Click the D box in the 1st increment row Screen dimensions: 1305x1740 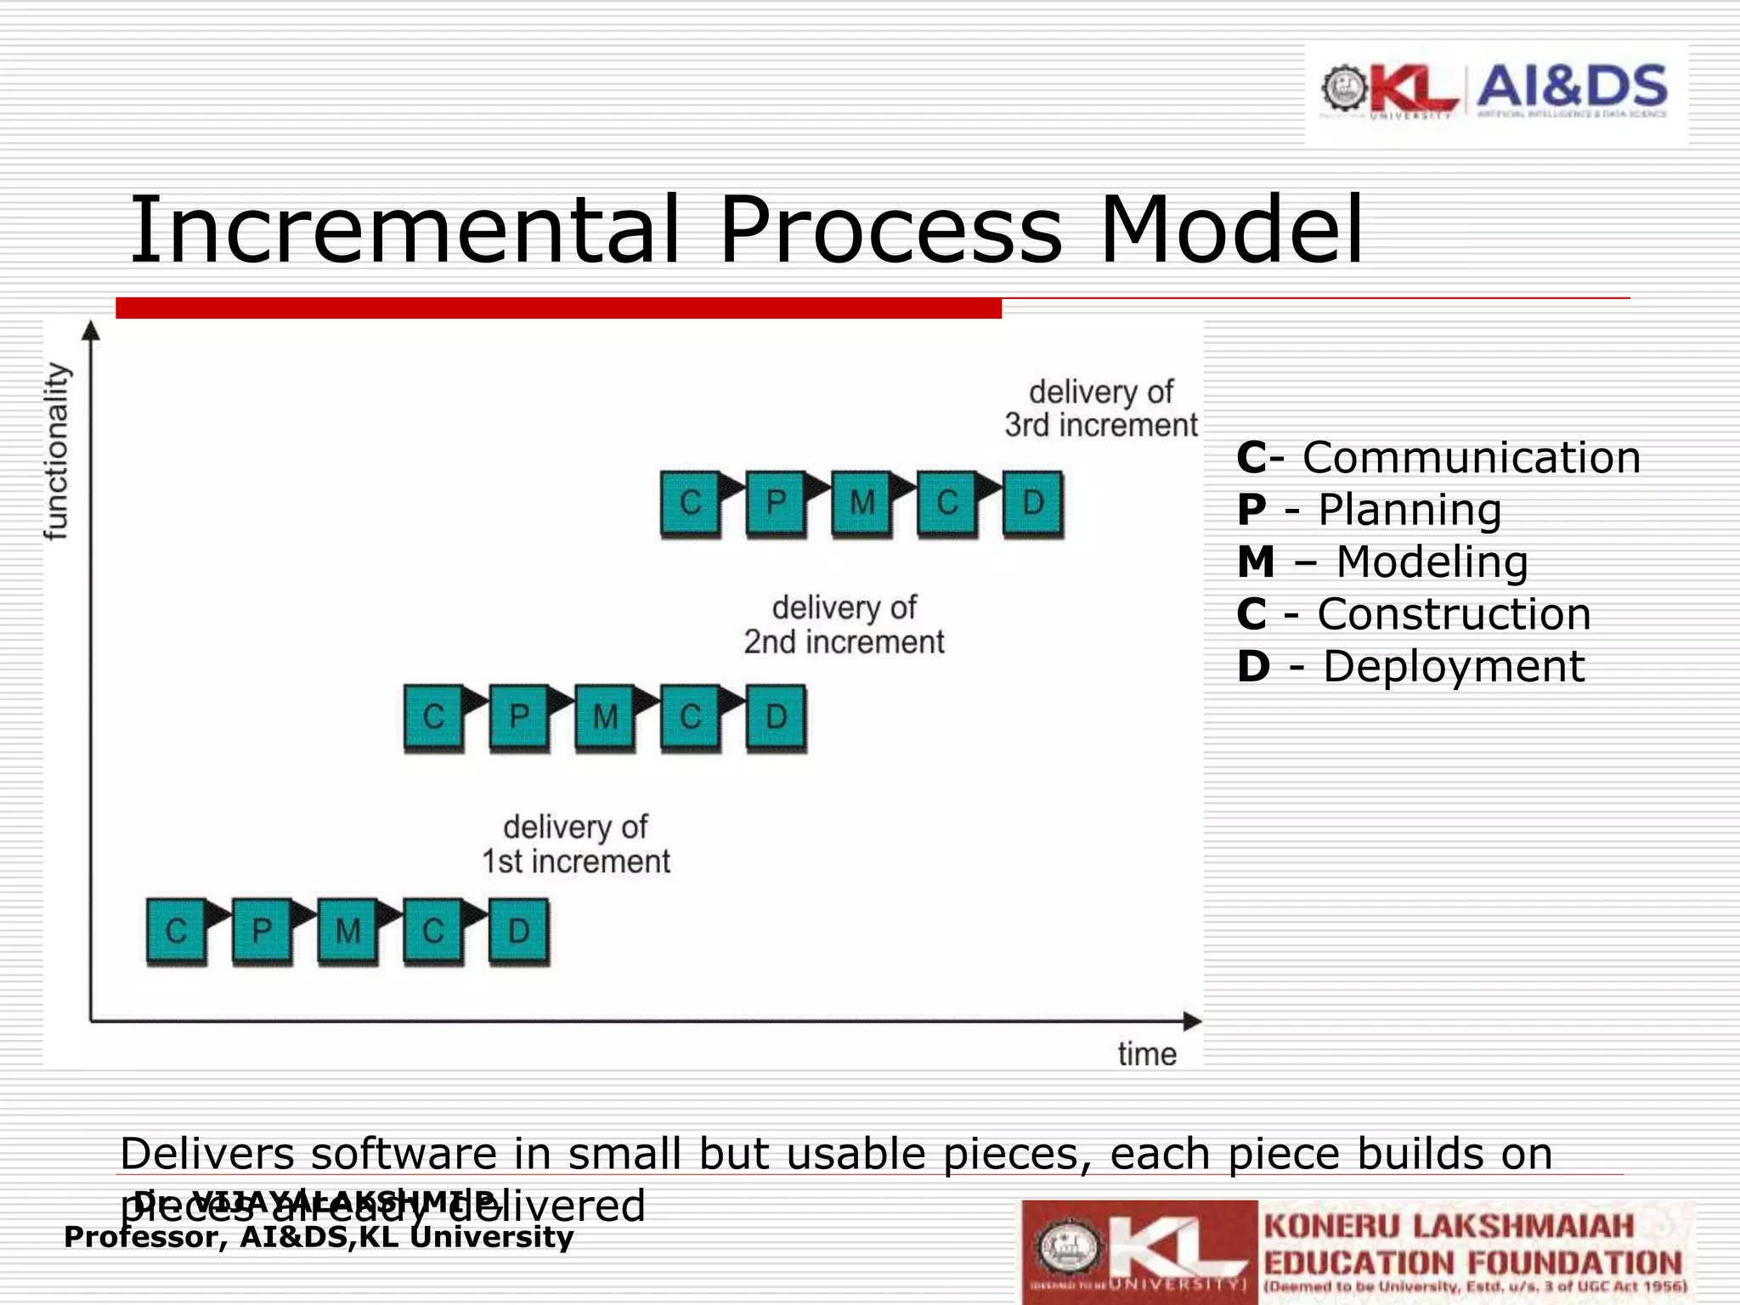click(518, 931)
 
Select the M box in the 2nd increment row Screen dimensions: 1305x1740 click(604, 717)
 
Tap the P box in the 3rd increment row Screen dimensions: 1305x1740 click(776, 503)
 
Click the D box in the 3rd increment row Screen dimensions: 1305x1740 click(1032, 503)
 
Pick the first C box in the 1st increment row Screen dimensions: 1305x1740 click(176, 931)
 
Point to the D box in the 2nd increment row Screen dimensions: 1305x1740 click(776, 717)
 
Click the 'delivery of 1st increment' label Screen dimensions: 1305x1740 click(576, 844)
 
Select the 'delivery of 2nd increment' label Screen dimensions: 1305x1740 click(844, 624)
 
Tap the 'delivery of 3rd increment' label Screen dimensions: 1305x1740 click(1101, 409)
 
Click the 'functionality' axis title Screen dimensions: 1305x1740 click(56, 451)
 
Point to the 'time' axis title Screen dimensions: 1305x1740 click(1147, 1054)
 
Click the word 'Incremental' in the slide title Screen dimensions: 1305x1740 click(404, 230)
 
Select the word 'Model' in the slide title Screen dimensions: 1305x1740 click(1231, 230)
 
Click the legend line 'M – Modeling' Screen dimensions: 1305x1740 click(1382, 562)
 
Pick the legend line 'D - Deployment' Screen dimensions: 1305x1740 click(1410, 667)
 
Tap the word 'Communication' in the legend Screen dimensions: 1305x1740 click(1471, 458)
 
